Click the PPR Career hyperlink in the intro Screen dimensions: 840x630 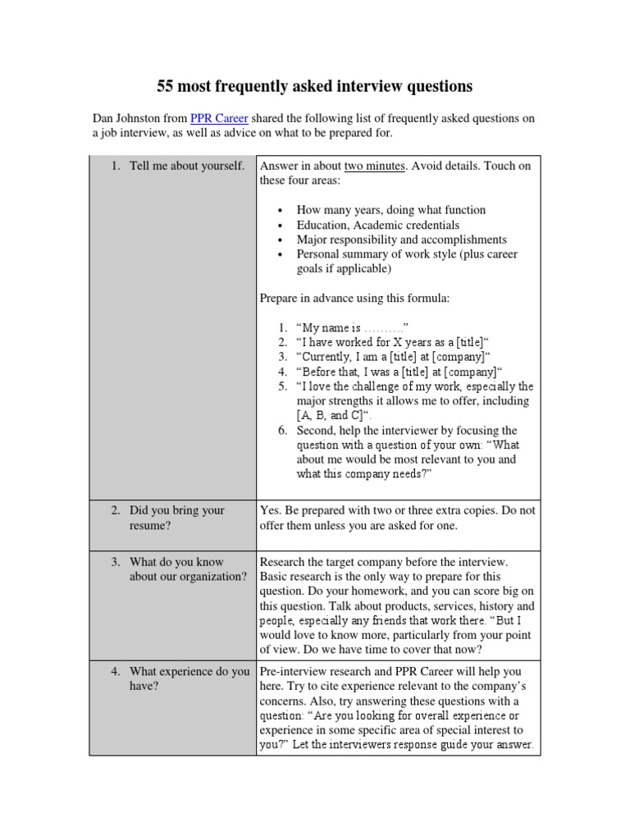pos(219,118)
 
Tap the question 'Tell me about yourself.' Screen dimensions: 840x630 pos(187,166)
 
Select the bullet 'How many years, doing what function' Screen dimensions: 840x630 pos(390,210)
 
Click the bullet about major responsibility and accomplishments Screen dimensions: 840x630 pos(401,240)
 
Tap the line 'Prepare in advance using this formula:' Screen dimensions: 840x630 pos(354,299)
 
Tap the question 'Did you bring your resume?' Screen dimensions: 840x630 pos(176,518)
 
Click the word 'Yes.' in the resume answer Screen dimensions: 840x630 pos(271,510)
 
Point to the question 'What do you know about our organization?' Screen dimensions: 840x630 pos(188,569)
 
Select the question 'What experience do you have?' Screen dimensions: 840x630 pos(189,679)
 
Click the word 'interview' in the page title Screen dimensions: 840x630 pos(368,86)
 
